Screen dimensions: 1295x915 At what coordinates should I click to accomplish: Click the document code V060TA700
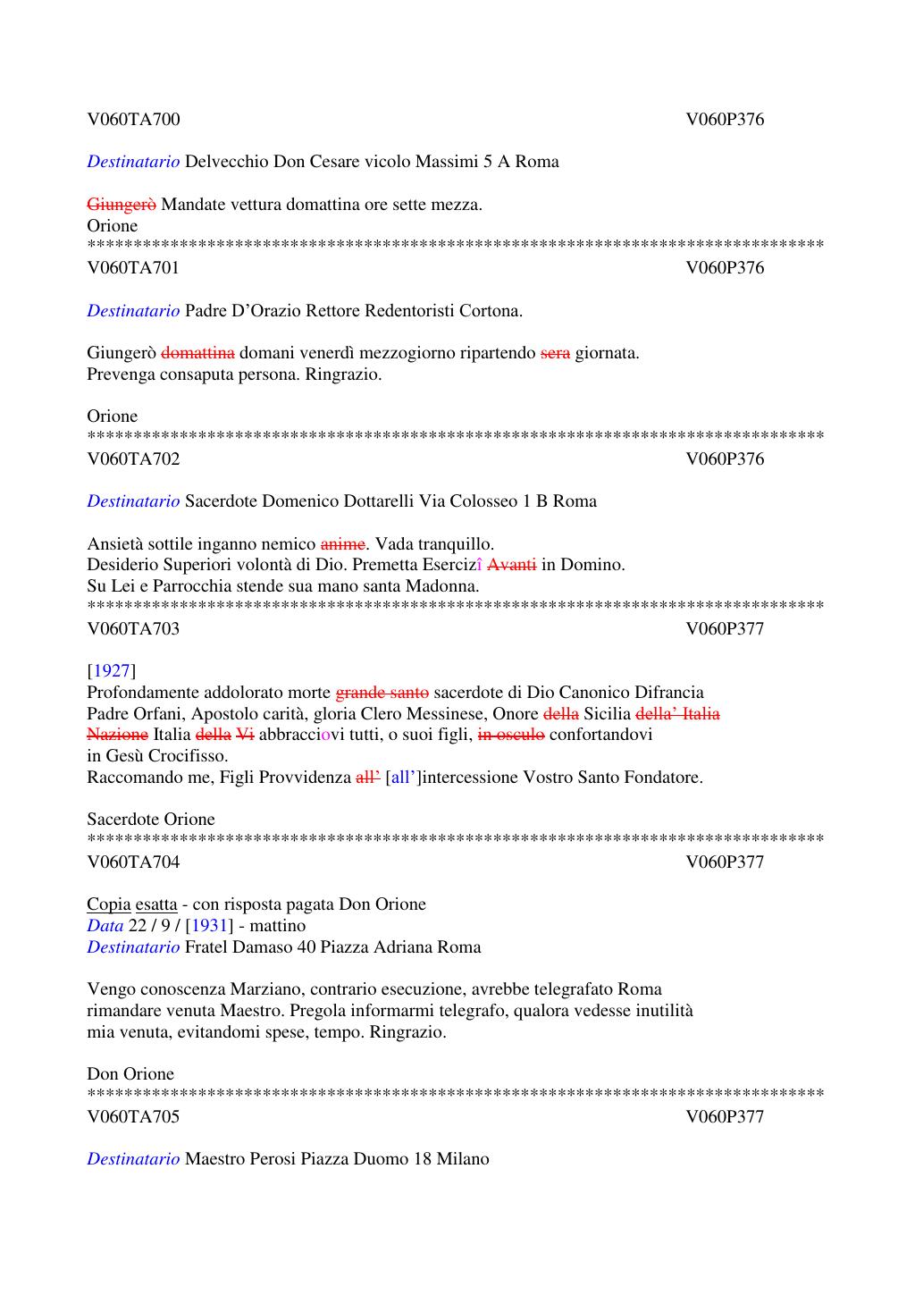click(133, 120)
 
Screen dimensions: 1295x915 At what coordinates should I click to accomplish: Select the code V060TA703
click(133, 629)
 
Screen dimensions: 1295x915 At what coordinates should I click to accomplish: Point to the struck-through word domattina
click(198, 353)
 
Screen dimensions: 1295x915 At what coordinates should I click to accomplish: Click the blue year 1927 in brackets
click(112, 671)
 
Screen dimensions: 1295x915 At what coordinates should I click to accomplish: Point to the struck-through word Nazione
click(117, 735)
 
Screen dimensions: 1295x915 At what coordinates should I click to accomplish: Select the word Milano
click(463, 1159)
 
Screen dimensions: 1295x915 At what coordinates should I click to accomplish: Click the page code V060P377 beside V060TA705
click(725, 1117)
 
